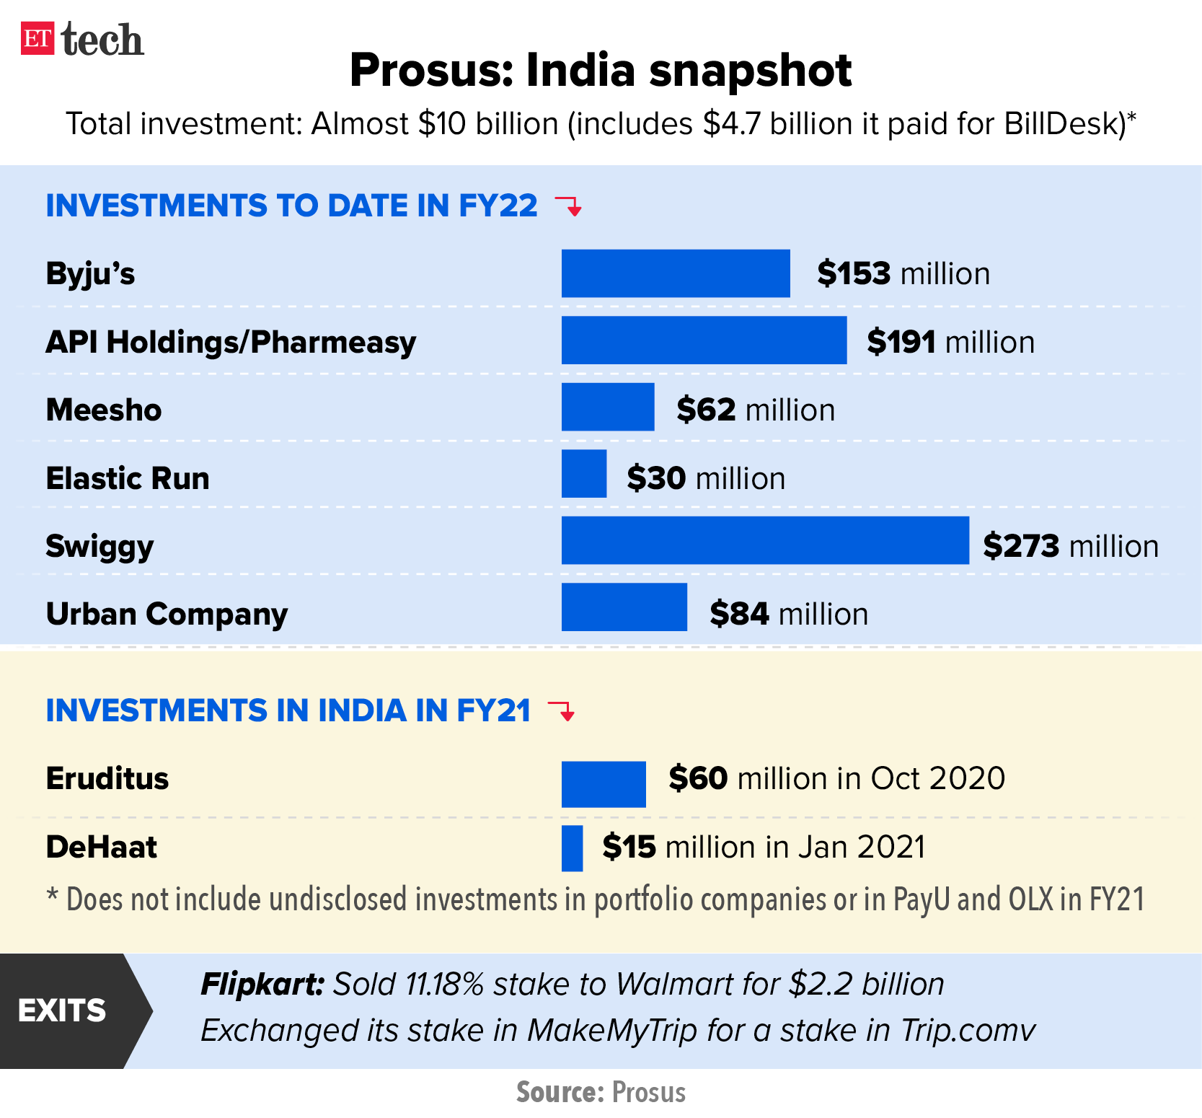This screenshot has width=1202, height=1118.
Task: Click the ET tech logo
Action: point(81,40)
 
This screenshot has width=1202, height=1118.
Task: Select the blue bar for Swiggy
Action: point(764,540)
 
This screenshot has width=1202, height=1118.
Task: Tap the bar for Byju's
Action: point(675,273)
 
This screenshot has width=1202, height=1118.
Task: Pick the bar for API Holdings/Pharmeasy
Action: point(703,340)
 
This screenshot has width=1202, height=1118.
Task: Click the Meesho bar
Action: point(607,407)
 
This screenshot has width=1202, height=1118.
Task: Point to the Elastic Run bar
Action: point(583,474)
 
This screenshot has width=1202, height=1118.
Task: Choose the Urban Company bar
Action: point(624,607)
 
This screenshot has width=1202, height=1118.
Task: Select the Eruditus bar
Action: point(603,784)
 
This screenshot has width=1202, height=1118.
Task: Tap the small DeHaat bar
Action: point(572,848)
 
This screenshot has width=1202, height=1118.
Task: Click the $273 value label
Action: point(1021,546)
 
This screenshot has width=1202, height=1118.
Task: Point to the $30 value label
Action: point(655,479)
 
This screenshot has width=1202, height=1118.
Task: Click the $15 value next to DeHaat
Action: point(629,848)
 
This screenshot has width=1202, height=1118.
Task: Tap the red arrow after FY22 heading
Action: point(569,206)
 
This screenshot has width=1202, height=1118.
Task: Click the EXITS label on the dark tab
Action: point(62,1011)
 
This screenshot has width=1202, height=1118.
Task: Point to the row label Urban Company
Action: point(167,615)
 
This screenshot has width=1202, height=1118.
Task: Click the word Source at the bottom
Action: point(560,1093)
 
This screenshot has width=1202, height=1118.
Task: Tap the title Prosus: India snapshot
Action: point(601,71)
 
